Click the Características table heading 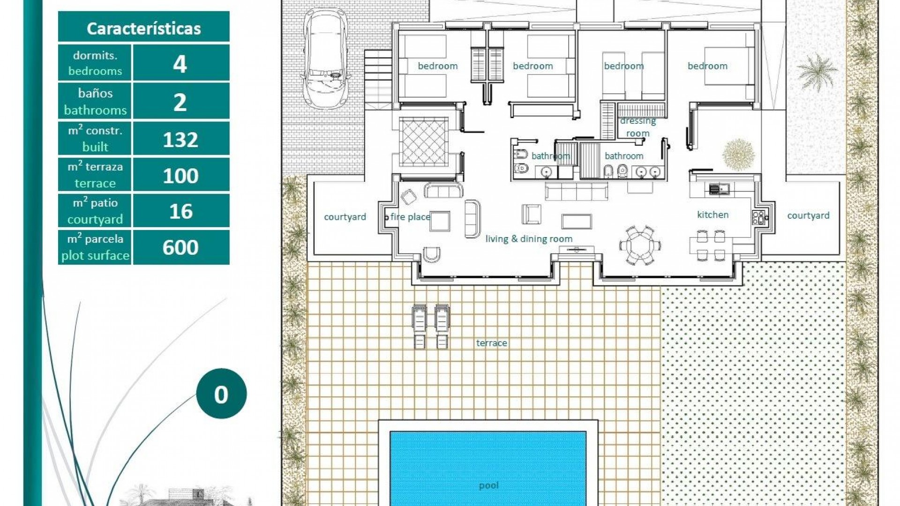tap(143, 29)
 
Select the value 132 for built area tap(180, 140)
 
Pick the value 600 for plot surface tap(180, 247)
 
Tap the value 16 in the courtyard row tap(180, 211)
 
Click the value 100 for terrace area tap(180, 176)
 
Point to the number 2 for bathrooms tap(180, 102)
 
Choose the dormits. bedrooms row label tap(95, 63)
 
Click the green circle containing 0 tap(221, 394)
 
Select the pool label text tap(488, 485)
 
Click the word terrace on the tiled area tap(491, 343)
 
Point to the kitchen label tap(712, 215)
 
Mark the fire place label tap(410, 216)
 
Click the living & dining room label tap(529, 239)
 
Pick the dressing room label tap(637, 127)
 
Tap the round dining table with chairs tap(640, 245)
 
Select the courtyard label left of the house tap(345, 217)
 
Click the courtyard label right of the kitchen tap(808, 216)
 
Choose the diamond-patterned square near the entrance tap(423, 141)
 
